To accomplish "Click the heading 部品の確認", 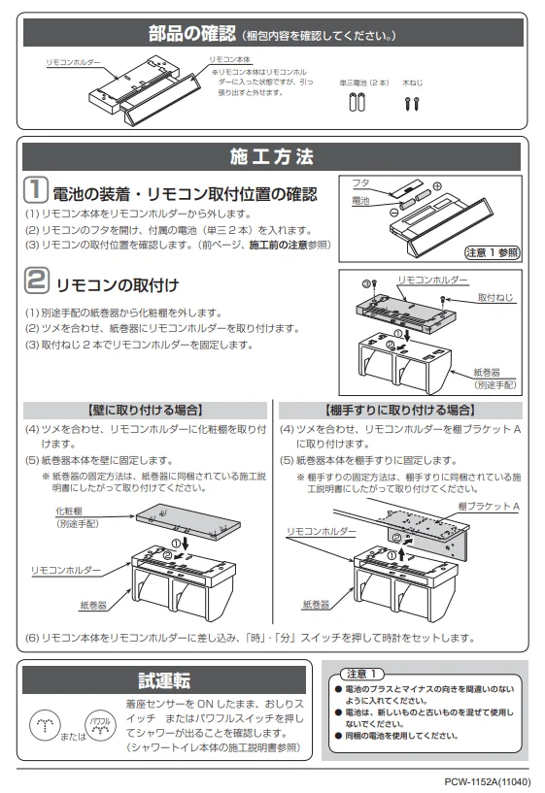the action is coord(191,33).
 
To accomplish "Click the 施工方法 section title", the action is coord(272,157).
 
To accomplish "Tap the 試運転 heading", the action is coord(164,680).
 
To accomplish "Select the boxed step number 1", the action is coord(36,189).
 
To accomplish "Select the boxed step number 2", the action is coord(37,281).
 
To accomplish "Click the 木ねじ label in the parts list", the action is coord(413,83).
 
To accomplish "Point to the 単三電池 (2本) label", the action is coord(364,83).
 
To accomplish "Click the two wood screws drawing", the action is coord(412,104).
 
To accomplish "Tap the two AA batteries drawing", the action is coord(358,102).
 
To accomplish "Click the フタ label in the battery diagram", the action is coord(360,183).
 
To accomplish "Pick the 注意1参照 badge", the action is coord(493,252).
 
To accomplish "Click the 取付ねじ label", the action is coord(495,297).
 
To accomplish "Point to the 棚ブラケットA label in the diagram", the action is coord(489,506).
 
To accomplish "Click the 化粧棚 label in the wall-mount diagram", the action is coord(69,512).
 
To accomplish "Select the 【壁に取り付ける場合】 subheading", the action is coord(145,411).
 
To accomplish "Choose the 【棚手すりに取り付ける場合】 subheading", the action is coord(400,411).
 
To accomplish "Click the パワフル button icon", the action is coord(100,725).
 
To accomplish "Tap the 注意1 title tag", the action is coord(361,674).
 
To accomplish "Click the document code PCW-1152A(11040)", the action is coord(488,782).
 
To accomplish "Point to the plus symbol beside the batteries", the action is coord(437,186).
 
